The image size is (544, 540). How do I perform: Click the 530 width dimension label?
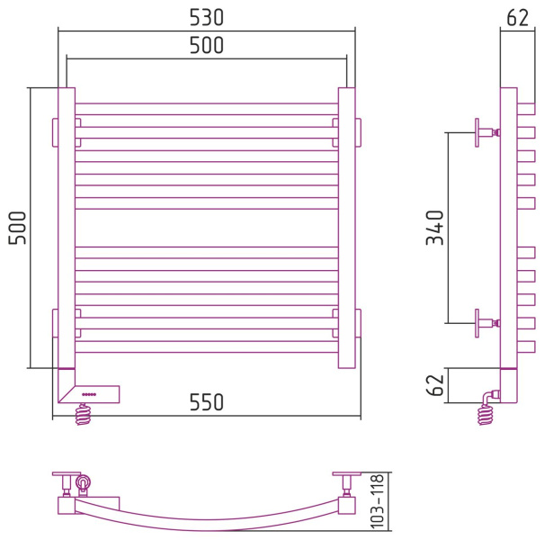coord(207,18)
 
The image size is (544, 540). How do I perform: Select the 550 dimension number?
coord(207,402)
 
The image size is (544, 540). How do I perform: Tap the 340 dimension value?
coord(435,228)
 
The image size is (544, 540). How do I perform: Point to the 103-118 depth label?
coord(378,501)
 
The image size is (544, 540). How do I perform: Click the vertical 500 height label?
coord(17,228)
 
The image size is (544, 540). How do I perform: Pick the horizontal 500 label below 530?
coord(207,46)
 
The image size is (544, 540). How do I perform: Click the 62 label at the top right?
coord(518,18)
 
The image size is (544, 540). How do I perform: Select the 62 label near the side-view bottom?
coord(435,385)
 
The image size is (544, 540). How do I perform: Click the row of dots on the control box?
coord(89,394)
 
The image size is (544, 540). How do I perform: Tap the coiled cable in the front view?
coord(84,414)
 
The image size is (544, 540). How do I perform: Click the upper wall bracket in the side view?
coord(487,132)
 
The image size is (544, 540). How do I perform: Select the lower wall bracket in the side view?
coord(487,323)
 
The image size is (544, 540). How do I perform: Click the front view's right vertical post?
coord(346,228)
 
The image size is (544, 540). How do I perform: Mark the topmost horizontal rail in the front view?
coord(207,109)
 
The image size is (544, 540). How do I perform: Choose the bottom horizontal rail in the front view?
coord(207,346)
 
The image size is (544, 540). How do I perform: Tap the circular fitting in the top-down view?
coord(84,482)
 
